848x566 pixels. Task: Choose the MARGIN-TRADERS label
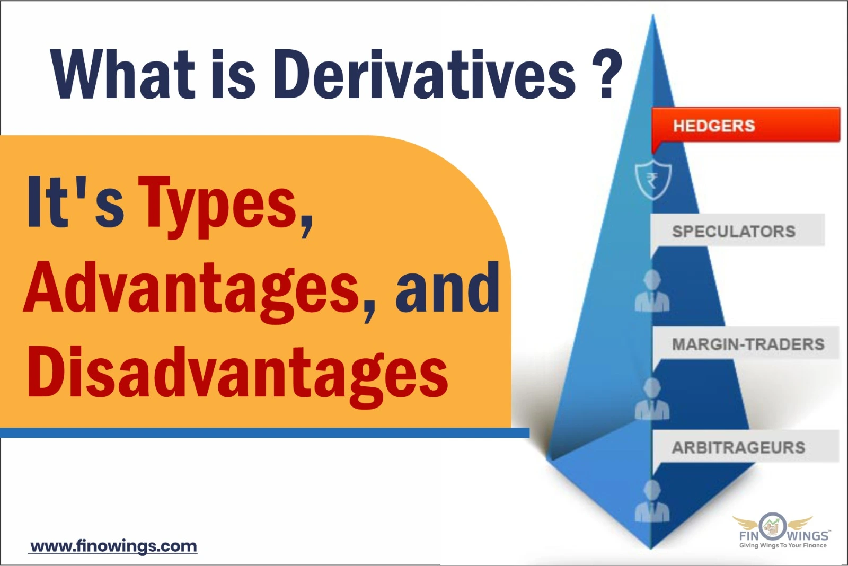[747, 344]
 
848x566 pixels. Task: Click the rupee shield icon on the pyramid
[653, 180]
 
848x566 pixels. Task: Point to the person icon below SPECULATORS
[652, 291]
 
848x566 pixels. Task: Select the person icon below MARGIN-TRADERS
[652, 400]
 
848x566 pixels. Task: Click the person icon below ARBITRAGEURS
[652, 501]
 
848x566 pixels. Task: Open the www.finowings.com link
[113, 546]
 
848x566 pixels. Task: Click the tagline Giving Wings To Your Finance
[783, 545]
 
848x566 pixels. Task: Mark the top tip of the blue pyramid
[653, 17]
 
